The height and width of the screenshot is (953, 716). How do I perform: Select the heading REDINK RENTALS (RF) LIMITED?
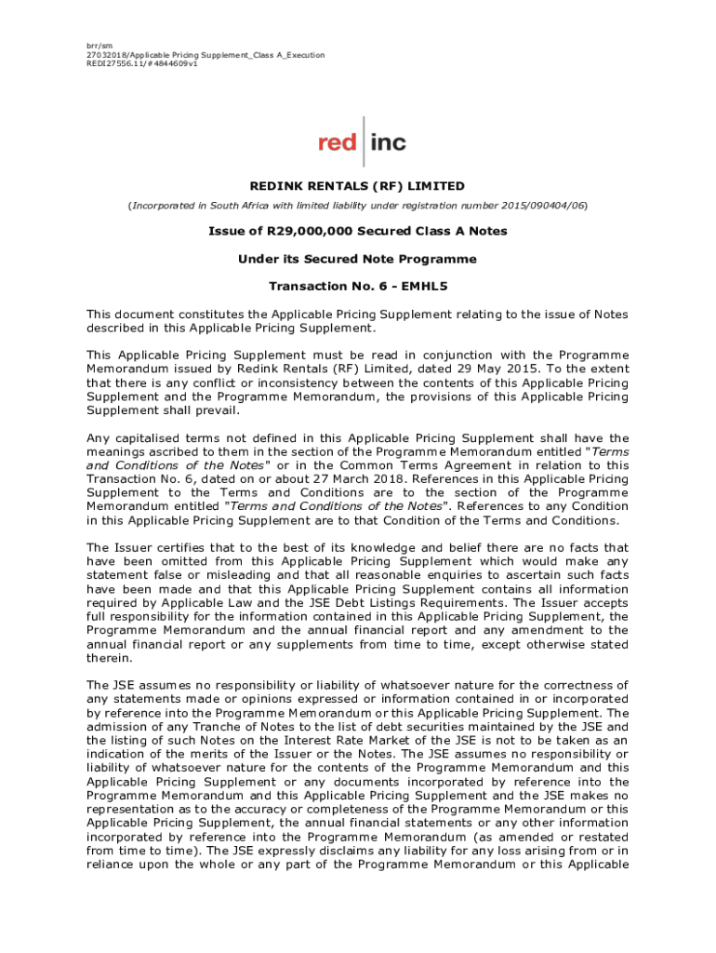(x=358, y=186)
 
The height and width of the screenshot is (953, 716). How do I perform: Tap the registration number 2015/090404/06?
(x=538, y=205)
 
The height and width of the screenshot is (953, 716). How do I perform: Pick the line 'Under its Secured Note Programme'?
(x=358, y=259)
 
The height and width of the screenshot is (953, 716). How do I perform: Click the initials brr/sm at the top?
(x=99, y=45)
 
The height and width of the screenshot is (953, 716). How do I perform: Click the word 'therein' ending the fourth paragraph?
(x=109, y=656)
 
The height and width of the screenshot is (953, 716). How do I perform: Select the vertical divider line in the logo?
(x=365, y=141)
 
